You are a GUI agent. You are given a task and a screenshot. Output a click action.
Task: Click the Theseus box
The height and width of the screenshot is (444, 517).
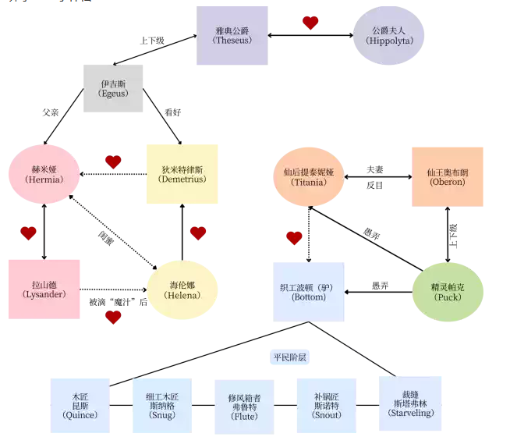pyautogui.click(x=232, y=35)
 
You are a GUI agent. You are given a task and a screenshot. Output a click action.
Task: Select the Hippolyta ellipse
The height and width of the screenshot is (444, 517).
pyautogui.click(x=388, y=36)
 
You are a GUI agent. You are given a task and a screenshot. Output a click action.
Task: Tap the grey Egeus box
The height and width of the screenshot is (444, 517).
pyautogui.click(x=113, y=88)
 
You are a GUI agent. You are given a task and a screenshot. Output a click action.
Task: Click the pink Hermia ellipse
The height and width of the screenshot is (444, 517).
pyautogui.click(x=44, y=174)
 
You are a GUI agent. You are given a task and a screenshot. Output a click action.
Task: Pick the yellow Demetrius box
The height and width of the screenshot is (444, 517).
pyautogui.click(x=182, y=174)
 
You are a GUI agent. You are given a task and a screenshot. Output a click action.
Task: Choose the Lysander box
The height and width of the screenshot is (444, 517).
pyautogui.click(x=44, y=289)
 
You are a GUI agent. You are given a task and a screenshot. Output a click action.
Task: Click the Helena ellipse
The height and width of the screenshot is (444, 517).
pyautogui.click(x=182, y=289)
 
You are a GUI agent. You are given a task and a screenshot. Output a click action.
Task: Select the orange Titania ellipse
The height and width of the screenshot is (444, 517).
pyautogui.click(x=310, y=177)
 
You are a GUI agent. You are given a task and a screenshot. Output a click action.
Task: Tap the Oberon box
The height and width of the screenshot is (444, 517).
pyautogui.click(x=447, y=176)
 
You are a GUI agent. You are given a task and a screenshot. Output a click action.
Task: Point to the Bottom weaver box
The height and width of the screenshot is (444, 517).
pyautogui.click(x=309, y=292)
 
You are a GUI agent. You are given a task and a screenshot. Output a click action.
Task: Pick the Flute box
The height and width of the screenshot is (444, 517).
pyautogui.click(x=245, y=407)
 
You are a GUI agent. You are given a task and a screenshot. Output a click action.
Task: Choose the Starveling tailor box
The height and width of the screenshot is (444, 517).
pyautogui.click(x=410, y=403)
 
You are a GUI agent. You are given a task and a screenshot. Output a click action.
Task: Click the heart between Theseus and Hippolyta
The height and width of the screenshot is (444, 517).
pyautogui.click(x=310, y=23)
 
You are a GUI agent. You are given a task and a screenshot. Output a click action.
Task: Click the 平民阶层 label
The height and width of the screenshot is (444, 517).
pyautogui.click(x=289, y=357)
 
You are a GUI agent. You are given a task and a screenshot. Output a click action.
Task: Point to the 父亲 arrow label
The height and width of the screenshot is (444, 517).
pyautogui.click(x=51, y=113)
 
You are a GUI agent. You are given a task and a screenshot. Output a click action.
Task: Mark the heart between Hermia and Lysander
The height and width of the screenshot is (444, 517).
pyautogui.click(x=29, y=233)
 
